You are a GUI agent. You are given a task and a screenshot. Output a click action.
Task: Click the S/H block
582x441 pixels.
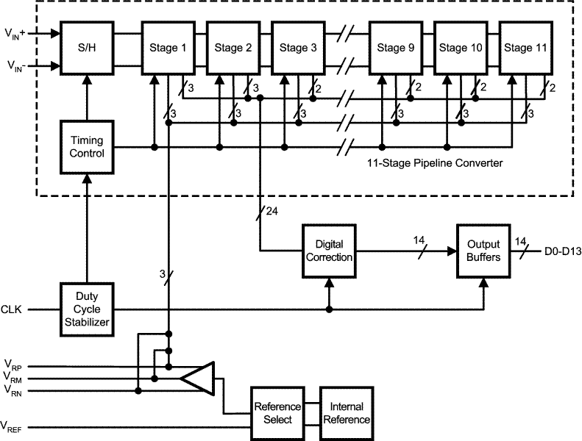coord(87,49)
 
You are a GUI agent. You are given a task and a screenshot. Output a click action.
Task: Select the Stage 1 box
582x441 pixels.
coord(168,49)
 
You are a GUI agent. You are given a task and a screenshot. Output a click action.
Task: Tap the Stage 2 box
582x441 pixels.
coord(233,49)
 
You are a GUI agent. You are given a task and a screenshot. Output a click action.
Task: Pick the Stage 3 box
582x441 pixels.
coord(298,49)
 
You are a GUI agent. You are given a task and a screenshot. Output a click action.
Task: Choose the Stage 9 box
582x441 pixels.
coord(395,49)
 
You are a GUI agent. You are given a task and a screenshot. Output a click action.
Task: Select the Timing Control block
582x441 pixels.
coord(87,147)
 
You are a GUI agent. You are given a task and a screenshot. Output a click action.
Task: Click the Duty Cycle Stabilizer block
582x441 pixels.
coord(87,309)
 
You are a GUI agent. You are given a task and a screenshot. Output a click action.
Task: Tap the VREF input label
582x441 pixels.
coord(13,426)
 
